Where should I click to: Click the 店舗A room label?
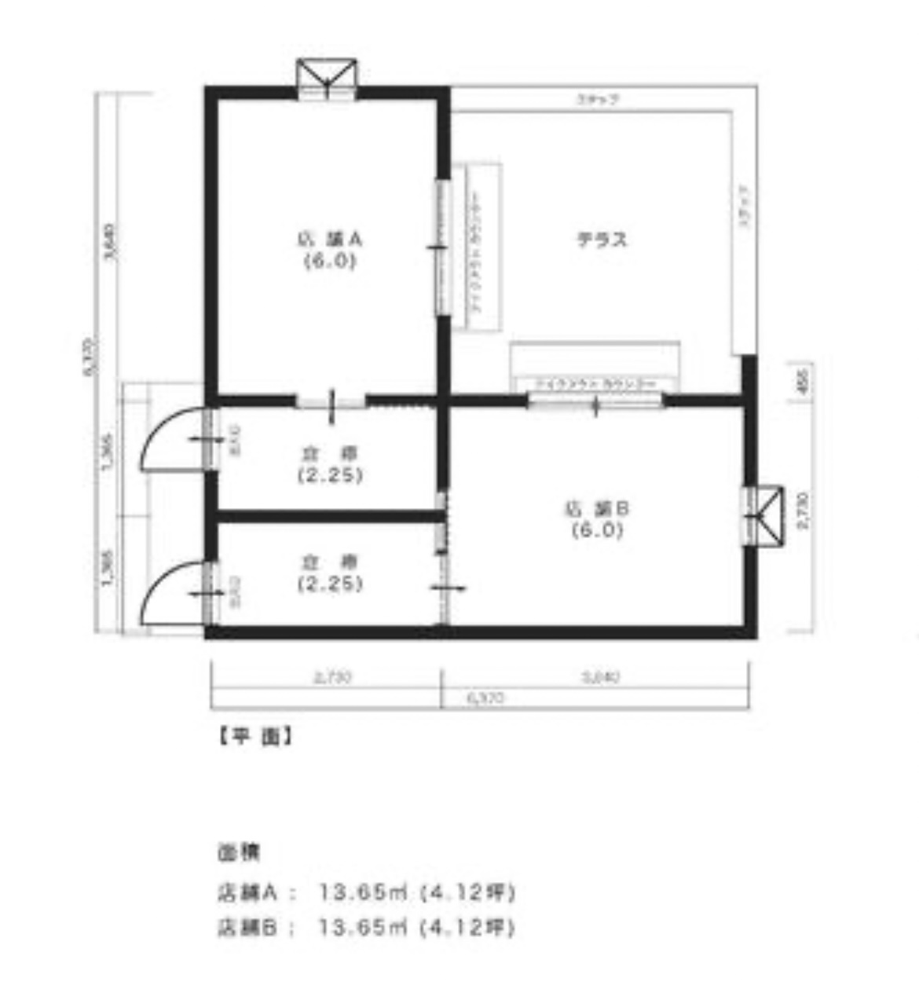[x=328, y=250]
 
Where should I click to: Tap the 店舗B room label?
[x=597, y=519]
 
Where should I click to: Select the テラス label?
[x=602, y=240]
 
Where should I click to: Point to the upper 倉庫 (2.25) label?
[x=329, y=464]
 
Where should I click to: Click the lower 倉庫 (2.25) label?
[x=329, y=573]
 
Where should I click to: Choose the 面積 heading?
[x=238, y=851]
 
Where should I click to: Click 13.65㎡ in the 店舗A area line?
[x=362, y=892]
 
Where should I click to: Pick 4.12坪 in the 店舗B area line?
[x=467, y=928]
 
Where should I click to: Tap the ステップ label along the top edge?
[x=598, y=100]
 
